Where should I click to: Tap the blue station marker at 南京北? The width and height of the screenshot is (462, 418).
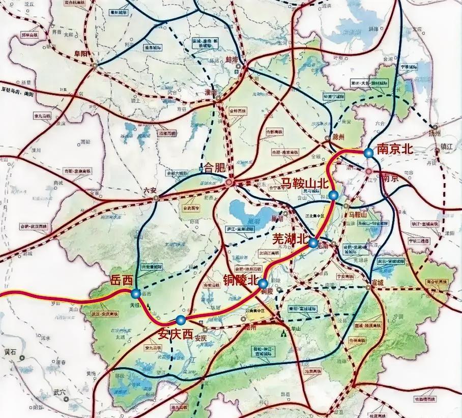tap(368, 152)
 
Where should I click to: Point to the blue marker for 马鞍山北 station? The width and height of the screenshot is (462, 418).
tap(333, 195)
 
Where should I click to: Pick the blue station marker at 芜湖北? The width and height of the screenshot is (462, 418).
tap(313, 243)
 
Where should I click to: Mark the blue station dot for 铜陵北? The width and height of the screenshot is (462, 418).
tap(263, 283)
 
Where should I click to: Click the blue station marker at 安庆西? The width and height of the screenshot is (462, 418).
tap(180, 320)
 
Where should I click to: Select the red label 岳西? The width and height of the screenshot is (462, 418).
tap(121, 281)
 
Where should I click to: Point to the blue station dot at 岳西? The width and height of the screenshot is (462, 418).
tap(136, 293)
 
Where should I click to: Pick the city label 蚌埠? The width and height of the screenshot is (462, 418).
tap(232, 59)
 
